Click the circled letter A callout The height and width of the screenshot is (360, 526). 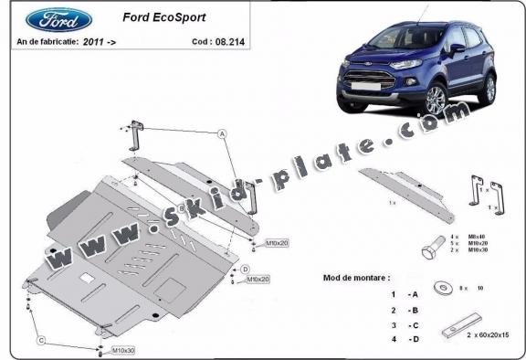222,133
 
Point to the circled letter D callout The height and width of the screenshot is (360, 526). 245,268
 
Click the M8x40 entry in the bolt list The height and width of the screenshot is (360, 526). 477,237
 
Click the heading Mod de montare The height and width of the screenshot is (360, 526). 357,276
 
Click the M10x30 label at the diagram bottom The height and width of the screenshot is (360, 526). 123,351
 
